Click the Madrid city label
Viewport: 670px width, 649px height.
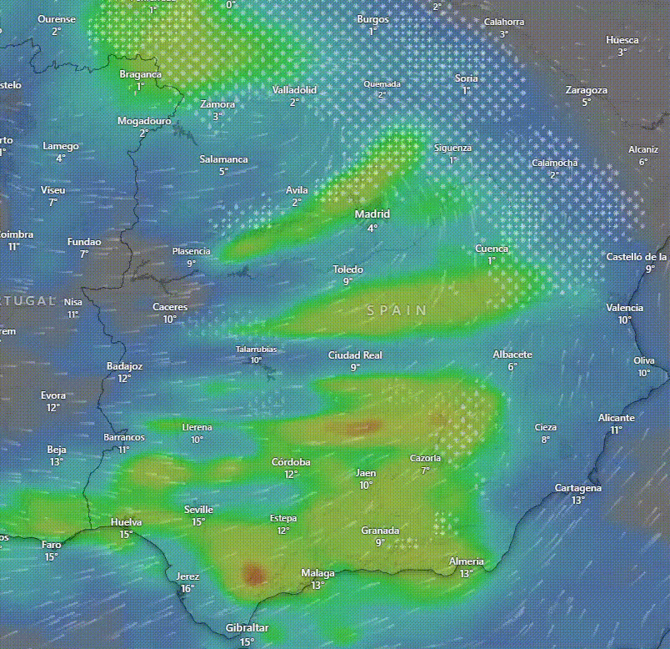pyautogui.click(x=372, y=214)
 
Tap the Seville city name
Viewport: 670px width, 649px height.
pyautogui.click(x=198, y=510)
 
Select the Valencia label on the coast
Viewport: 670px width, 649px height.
pyautogui.click(x=624, y=308)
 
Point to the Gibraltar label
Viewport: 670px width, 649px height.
pyautogui.click(x=247, y=628)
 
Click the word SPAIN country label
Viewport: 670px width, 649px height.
pyautogui.click(x=397, y=310)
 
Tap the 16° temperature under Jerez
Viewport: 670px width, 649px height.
pyautogui.click(x=187, y=588)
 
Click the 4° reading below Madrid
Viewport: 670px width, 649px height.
pyautogui.click(x=372, y=228)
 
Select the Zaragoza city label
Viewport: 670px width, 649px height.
pyautogui.click(x=586, y=90)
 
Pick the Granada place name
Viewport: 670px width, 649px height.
pyautogui.click(x=380, y=531)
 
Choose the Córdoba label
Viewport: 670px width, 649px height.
pyautogui.click(x=291, y=462)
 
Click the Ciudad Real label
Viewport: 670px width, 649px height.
pyautogui.click(x=355, y=355)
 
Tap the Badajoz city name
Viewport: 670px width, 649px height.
pyautogui.click(x=124, y=366)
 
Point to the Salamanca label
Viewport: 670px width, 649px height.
pyautogui.click(x=223, y=159)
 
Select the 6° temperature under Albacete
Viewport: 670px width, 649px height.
pyautogui.click(x=512, y=366)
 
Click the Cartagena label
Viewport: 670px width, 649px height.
pyautogui.click(x=578, y=488)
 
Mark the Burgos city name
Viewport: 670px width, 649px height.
pyautogui.click(x=372, y=19)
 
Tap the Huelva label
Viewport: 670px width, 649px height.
pyautogui.click(x=126, y=523)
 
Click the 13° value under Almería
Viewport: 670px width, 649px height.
pyautogui.click(x=466, y=573)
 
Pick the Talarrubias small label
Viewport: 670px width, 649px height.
pyautogui.click(x=256, y=350)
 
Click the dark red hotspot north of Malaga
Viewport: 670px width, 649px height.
pyautogui.click(x=252, y=573)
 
